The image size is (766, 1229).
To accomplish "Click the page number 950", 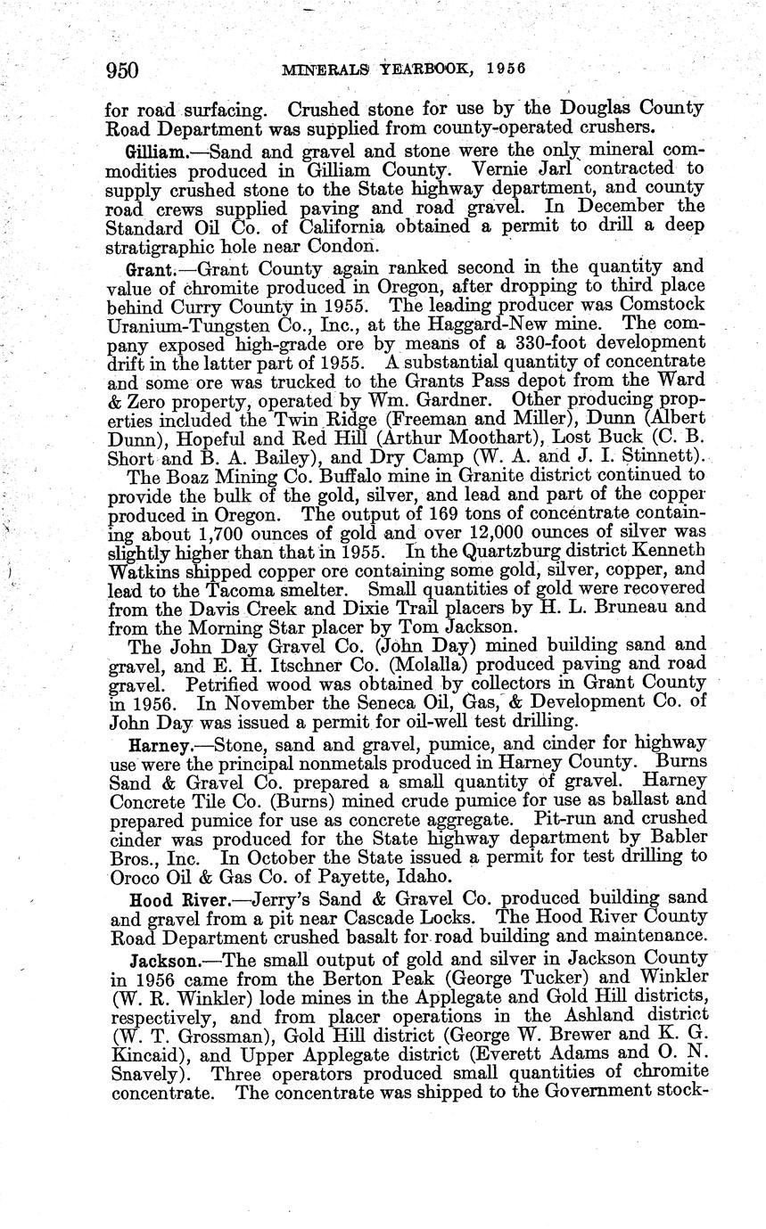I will click(x=121, y=70).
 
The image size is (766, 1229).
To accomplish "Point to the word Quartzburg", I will click(x=513, y=553).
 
